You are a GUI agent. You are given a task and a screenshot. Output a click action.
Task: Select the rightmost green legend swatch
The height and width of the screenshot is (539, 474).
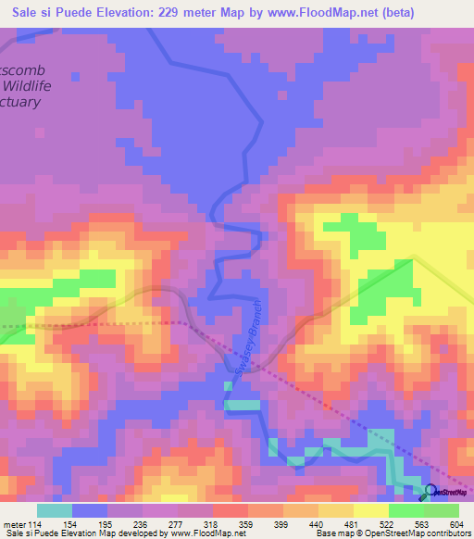tap(442, 510)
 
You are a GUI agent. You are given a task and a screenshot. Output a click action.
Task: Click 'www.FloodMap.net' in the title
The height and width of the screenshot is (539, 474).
tap(320, 12)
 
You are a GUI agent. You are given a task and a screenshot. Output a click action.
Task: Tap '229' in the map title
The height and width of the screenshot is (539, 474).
tap(169, 12)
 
